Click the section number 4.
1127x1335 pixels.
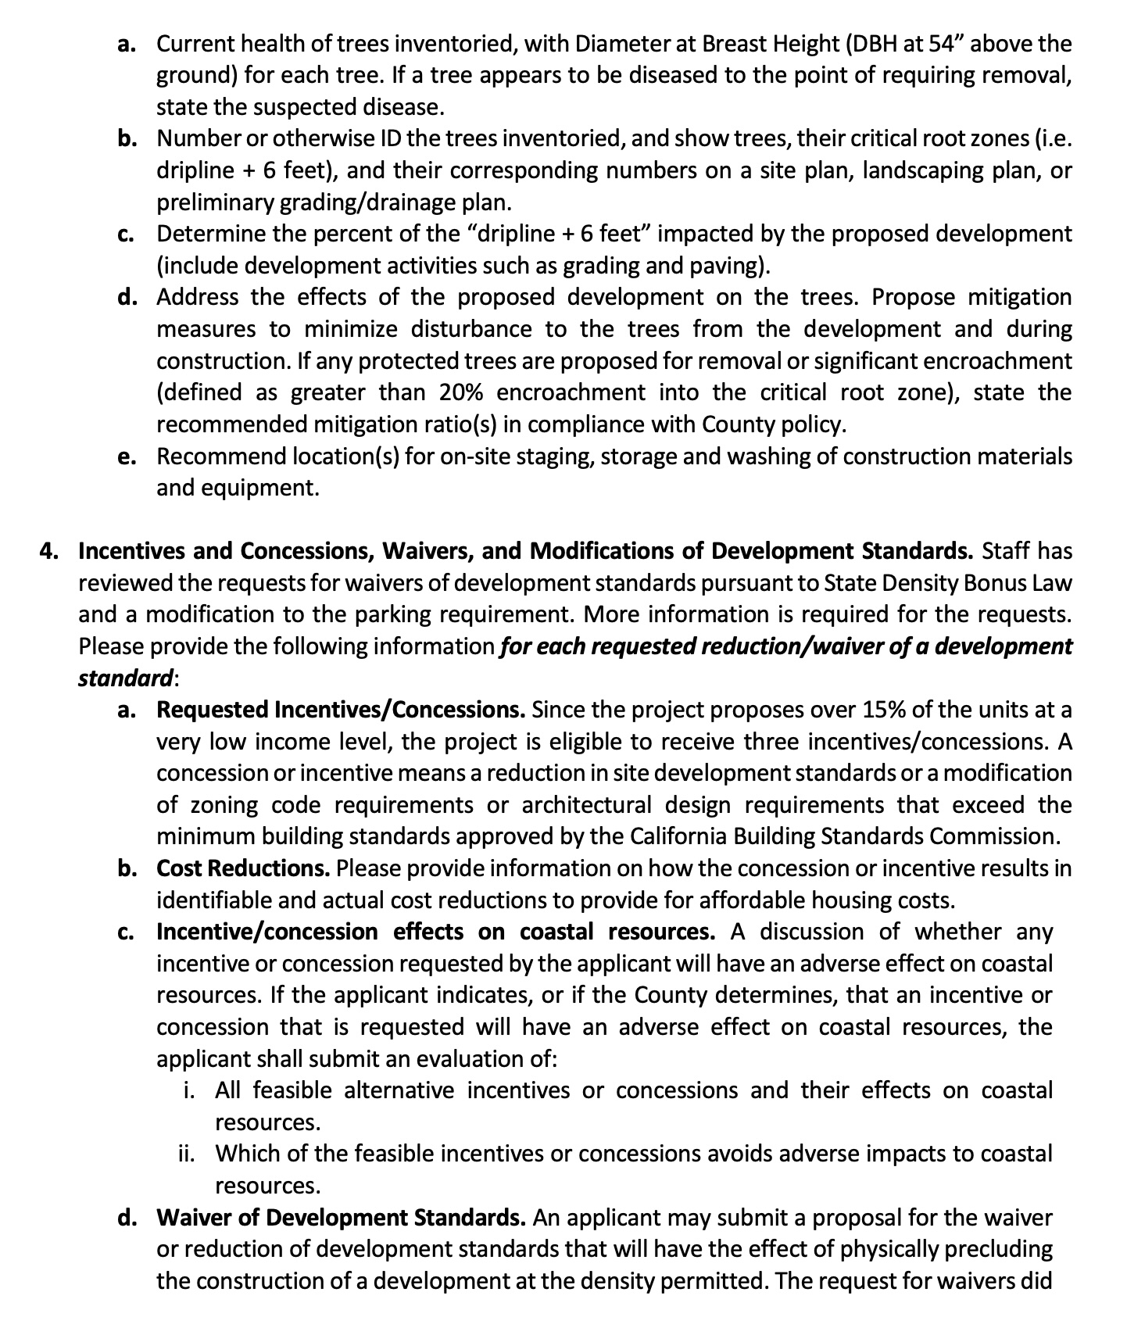(x=49, y=551)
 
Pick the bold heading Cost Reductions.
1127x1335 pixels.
(x=243, y=868)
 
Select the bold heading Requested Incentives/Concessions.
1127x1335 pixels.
(x=341, y=710)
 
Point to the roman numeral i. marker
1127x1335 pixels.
(x=190, y=1090)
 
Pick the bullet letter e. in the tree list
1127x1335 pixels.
(x=127, y=457)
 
